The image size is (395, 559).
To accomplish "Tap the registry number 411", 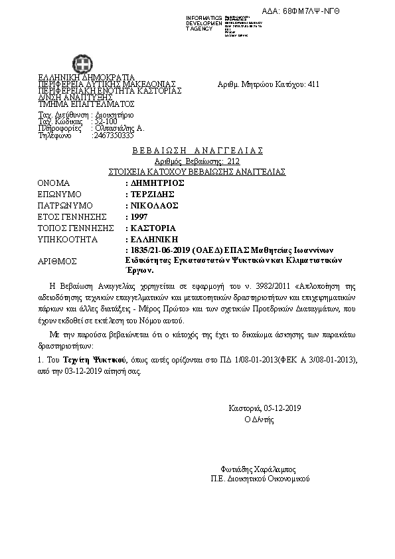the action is point(314,85).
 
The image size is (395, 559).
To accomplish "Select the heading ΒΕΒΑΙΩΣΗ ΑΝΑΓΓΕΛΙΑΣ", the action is point(197,151).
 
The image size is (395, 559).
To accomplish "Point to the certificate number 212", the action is point(233,161).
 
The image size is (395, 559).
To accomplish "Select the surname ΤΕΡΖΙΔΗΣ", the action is point(152,194).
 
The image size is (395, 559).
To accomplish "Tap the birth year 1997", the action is point(139,216).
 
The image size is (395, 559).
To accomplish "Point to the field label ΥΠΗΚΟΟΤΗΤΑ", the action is point(68,239).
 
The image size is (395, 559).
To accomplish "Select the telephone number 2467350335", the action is point(114,135).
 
